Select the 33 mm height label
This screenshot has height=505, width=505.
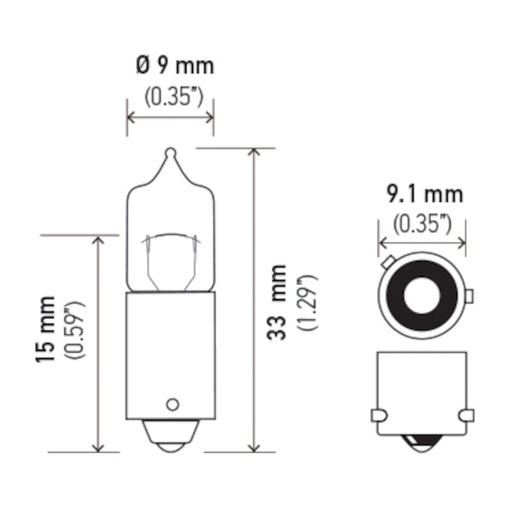[276, 302]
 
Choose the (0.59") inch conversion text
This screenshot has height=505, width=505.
[78, 330]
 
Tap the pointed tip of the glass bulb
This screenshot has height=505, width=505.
[170, 152]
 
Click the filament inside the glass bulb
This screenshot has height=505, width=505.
[170, 239]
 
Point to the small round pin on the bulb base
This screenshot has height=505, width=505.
[171, 404]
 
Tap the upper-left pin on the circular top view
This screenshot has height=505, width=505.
[387, 261]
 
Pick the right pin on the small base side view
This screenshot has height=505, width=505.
[466, 415]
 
